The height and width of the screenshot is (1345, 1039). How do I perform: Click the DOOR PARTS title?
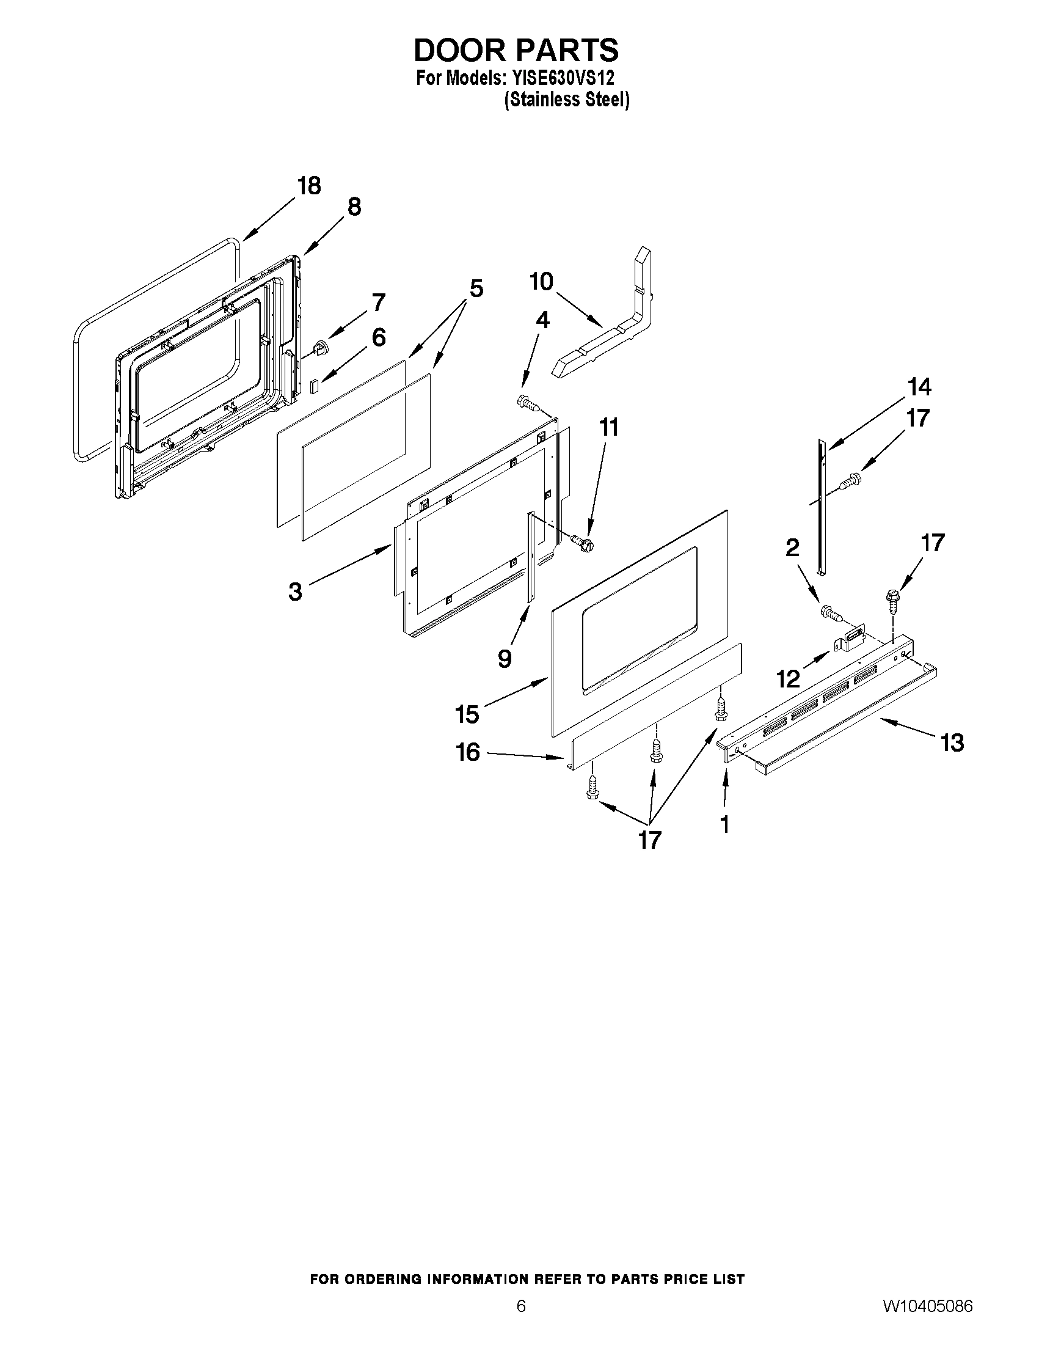coord(516,51)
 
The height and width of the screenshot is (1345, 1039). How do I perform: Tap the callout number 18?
coord(308,185)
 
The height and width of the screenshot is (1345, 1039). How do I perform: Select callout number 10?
coord(542,282)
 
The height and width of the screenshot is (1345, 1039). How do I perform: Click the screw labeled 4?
coord(528,403)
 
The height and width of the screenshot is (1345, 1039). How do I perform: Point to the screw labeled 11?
coord(581,543)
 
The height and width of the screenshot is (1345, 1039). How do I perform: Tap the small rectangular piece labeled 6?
coord(315,386)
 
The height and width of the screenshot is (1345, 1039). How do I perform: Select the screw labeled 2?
coord(829,612)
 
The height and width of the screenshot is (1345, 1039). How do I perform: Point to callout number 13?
coord(952,742)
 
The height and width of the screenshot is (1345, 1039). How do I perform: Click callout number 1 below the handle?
coord(724,824)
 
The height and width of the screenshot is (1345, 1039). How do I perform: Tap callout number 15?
coord(467,714)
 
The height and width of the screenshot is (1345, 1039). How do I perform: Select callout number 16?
coord(468,753)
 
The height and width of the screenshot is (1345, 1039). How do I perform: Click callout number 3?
coord(296,592)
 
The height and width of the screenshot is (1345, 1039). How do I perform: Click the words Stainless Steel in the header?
coord(566,100)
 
